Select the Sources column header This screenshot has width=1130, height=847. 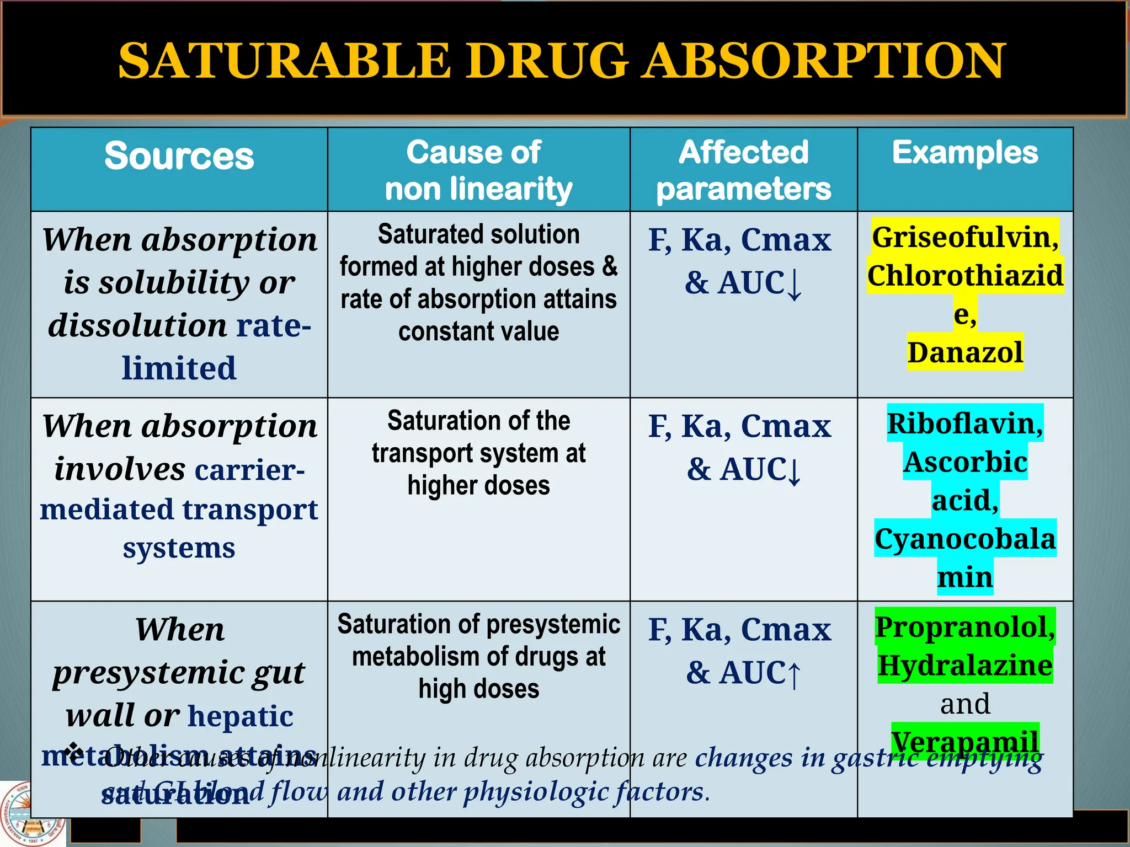coord(179,156)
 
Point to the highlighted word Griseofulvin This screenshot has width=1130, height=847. coord(965,237)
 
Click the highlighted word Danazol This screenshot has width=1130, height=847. coord(965,352)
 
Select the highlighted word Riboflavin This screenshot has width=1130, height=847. coord(965,423)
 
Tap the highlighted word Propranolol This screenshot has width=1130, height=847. coord(965,627)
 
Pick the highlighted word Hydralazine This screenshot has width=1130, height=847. coord(965,666)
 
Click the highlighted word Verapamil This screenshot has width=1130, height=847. coord(965,741)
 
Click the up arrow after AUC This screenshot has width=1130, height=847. coord(794,674)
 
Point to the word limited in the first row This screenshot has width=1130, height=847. coord(179,368)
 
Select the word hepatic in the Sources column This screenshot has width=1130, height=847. coord(241,716)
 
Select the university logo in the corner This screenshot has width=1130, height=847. coord(32,815)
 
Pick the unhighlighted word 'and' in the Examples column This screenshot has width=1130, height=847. coord(965,704)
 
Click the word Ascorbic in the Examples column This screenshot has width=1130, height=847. coord(965,462)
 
